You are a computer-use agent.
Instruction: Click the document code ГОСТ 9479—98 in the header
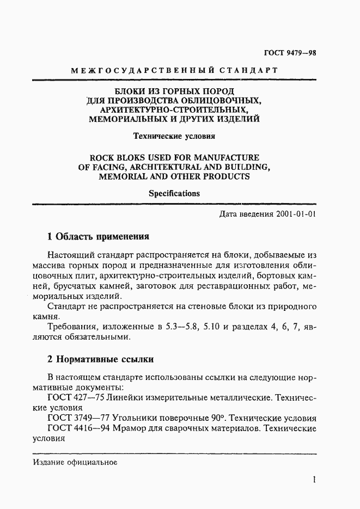tap(290, 53)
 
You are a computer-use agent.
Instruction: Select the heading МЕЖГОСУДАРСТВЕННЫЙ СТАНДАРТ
tap(175, 70)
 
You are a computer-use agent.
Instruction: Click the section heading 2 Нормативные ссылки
tap(101, 359)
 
